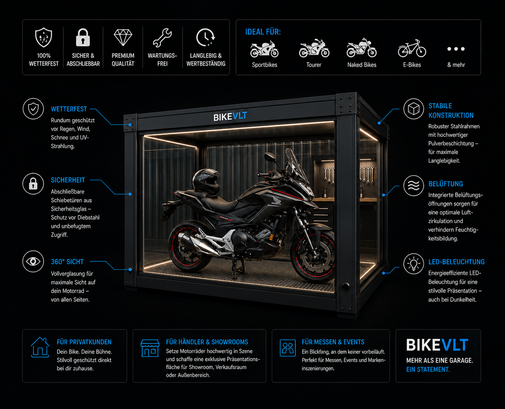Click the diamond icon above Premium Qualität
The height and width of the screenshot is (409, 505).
(123, 37)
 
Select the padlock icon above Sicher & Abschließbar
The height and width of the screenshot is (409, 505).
(83, 37)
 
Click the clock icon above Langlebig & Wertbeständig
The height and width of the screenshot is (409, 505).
(205, 37)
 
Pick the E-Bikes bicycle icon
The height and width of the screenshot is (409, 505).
(412, 49)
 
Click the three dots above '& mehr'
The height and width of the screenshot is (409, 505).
(456, 49)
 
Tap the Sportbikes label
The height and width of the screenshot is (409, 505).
(264, 65)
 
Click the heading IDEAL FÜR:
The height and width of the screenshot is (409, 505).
(263, 32)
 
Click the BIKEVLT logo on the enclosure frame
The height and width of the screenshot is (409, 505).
(230, 116)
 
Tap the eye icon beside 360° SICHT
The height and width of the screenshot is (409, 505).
(33, 262)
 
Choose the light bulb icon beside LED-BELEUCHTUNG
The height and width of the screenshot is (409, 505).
(414, 264)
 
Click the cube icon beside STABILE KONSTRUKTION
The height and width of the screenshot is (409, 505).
(414, 109)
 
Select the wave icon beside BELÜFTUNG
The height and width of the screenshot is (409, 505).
(414, 186)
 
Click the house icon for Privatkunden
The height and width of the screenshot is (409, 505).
(40, 347)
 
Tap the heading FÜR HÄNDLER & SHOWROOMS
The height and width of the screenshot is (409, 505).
(207, 342)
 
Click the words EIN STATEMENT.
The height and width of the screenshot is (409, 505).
(428, 370)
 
